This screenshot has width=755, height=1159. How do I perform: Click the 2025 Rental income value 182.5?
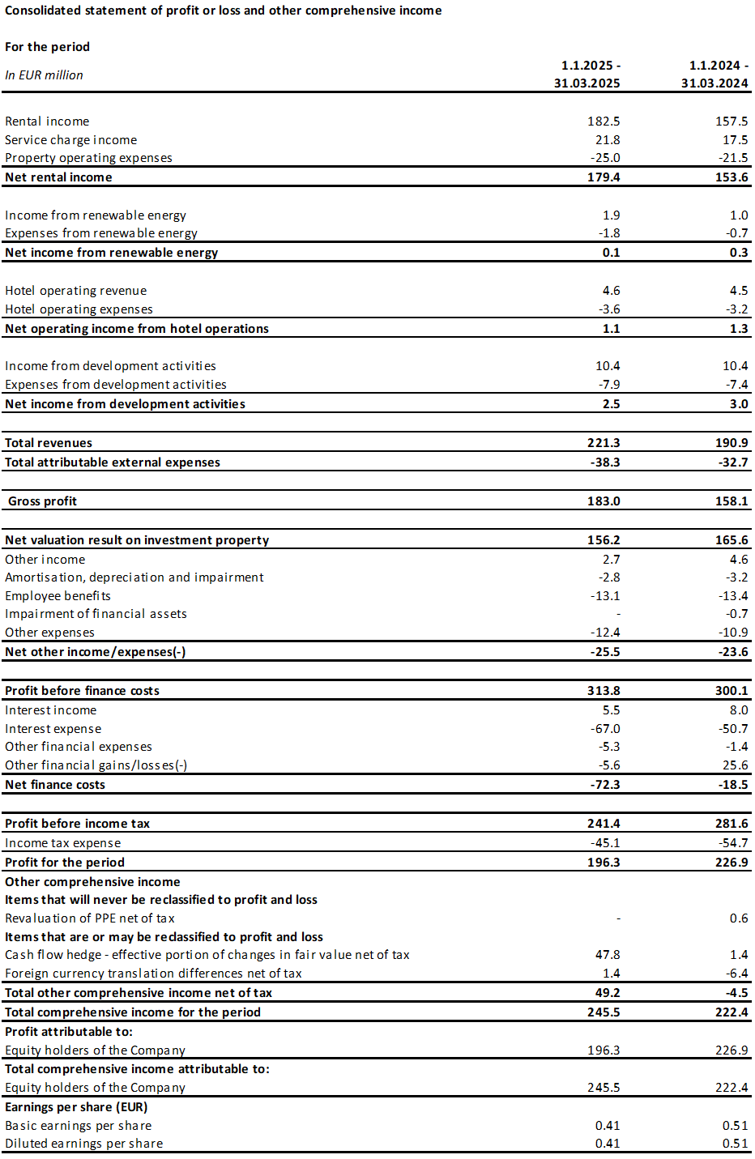604,121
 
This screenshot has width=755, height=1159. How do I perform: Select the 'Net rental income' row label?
58,177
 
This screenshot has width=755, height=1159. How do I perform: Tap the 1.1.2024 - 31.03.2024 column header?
714,74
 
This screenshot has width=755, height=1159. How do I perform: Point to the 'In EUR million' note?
44,75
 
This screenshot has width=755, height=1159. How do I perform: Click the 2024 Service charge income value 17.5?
736,139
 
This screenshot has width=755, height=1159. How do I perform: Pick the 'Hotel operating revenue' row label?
76,291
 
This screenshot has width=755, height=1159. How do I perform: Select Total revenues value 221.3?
604,443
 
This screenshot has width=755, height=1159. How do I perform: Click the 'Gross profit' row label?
42,501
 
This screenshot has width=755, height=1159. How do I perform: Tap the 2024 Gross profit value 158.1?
732,501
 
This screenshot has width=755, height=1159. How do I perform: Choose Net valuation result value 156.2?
604,539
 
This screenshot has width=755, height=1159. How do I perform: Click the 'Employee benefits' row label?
58,596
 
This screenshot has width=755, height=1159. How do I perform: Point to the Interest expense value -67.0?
605,728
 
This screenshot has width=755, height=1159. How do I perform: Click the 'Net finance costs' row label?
55,784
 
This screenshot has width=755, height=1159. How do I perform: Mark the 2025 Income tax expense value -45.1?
605,843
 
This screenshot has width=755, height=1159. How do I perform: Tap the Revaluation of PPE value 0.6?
739,918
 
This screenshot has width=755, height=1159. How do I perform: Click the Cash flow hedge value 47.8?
608,955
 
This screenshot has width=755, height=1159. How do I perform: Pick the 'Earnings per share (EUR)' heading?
77,1106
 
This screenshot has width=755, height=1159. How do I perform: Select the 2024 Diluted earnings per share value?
736,1143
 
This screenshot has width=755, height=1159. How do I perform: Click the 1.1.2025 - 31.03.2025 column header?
587,74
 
